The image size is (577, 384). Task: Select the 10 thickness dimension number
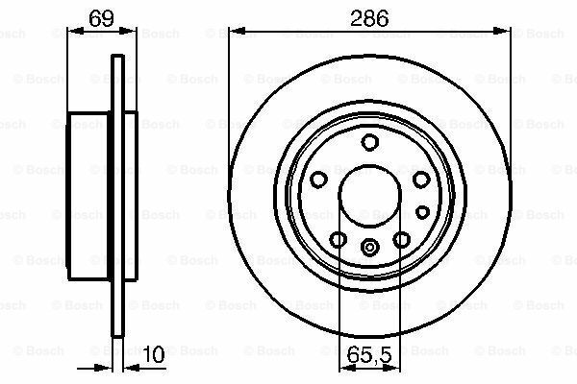point(150,355)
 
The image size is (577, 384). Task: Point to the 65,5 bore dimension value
point(370,355)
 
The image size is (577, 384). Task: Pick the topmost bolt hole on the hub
point(370,143)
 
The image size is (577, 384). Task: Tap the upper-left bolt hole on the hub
point(319,180)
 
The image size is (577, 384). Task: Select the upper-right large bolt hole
point(419,180)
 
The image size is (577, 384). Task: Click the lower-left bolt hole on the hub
point(339,239)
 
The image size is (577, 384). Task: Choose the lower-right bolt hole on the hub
point(401,239)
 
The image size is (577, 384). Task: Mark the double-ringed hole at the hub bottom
point(370,247)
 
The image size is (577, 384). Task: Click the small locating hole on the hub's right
point(421,211)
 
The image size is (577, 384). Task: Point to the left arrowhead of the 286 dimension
point(237,31)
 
